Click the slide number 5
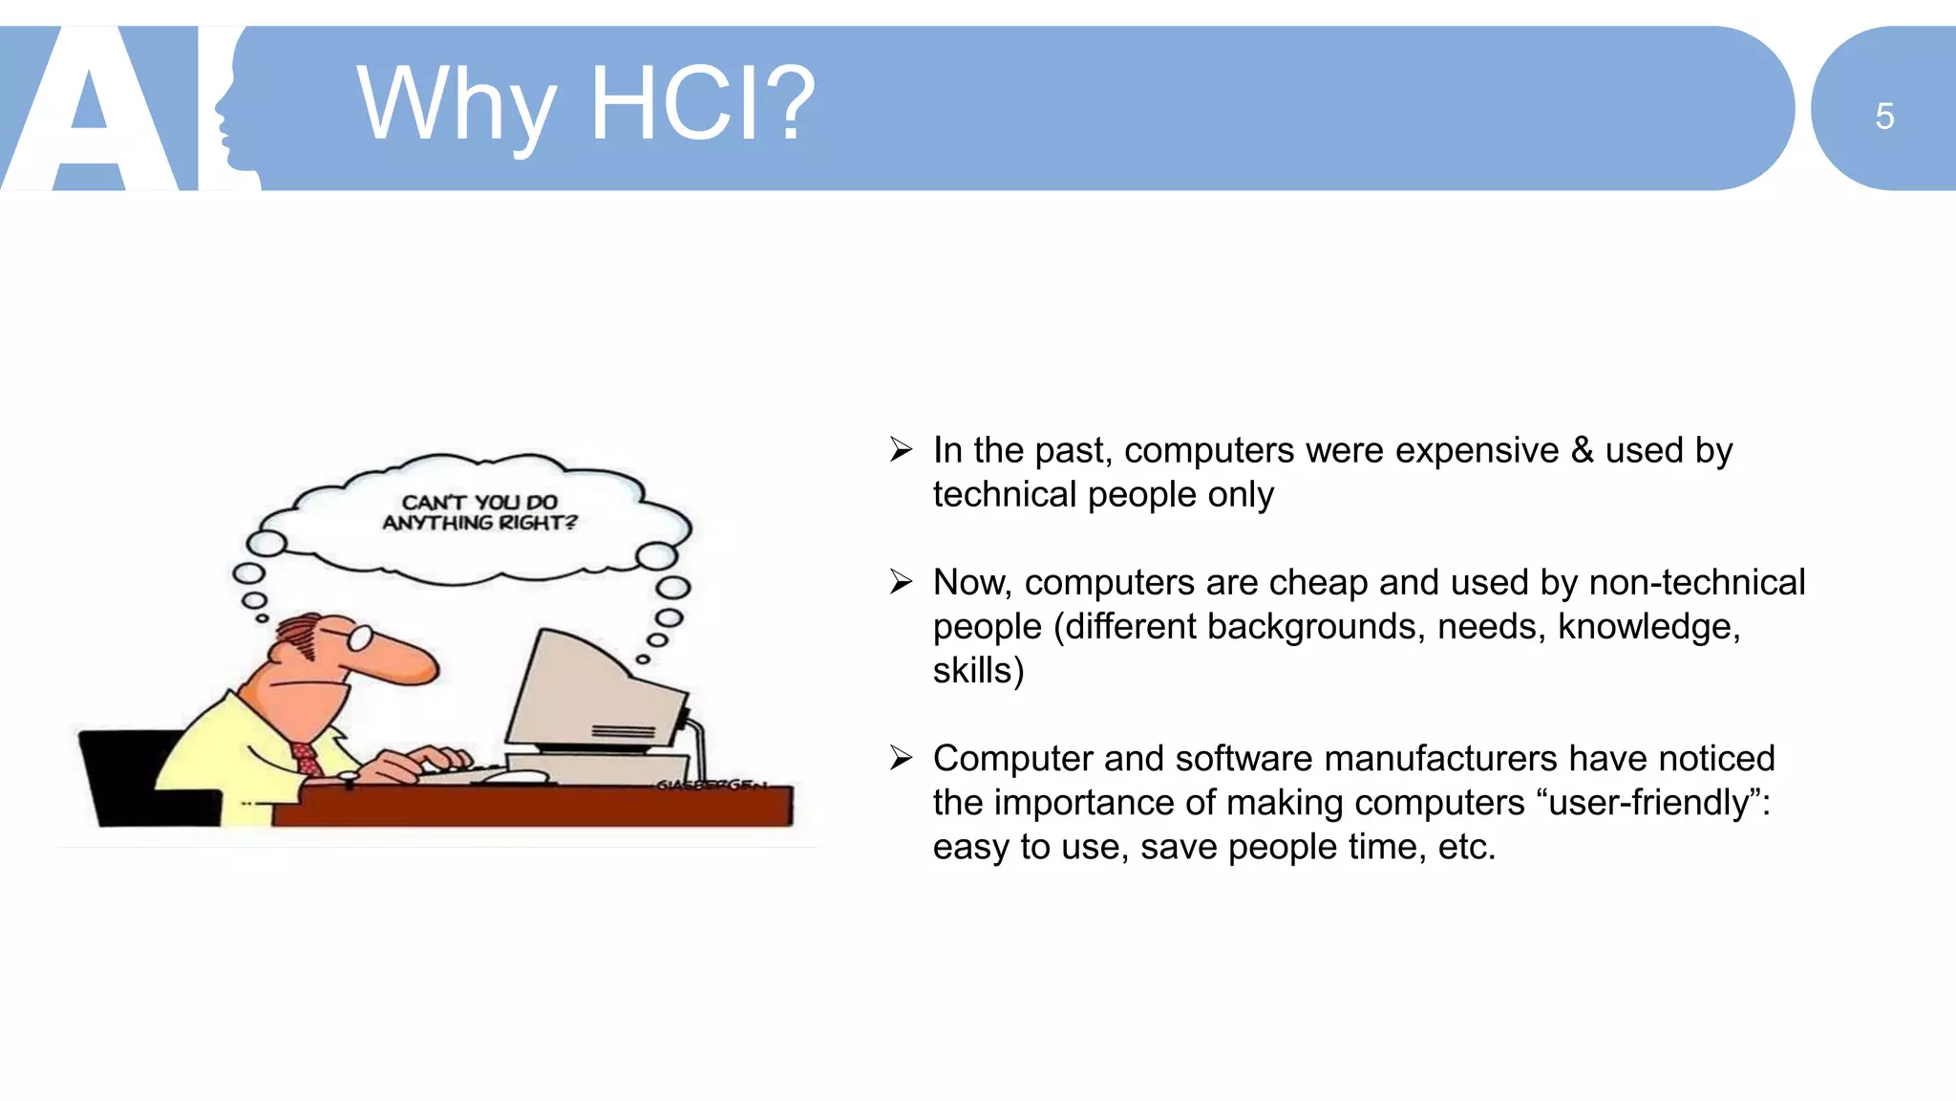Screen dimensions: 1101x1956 (1883, 117)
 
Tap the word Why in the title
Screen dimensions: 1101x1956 (456, 105)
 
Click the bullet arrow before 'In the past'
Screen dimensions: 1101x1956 (901, 449)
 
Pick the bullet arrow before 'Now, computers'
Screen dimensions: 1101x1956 (901, 581)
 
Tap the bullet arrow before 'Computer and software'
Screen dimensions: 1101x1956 (901, 757)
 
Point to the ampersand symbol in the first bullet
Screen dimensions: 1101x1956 (1582, 450)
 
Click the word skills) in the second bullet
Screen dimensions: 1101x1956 (978, 670)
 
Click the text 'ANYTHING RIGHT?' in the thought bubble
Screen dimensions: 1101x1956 (479, 523)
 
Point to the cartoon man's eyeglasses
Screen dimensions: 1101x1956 (355, 636)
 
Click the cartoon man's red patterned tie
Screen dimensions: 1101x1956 (308, 760)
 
